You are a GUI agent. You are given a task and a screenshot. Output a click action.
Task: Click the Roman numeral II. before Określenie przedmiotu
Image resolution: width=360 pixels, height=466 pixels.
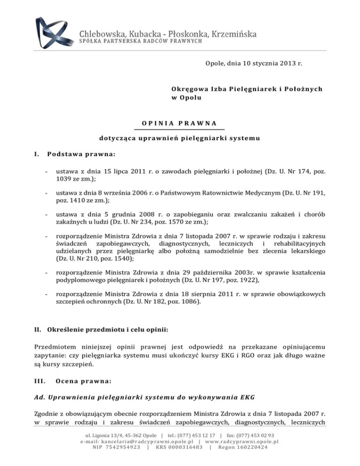[39, 343]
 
